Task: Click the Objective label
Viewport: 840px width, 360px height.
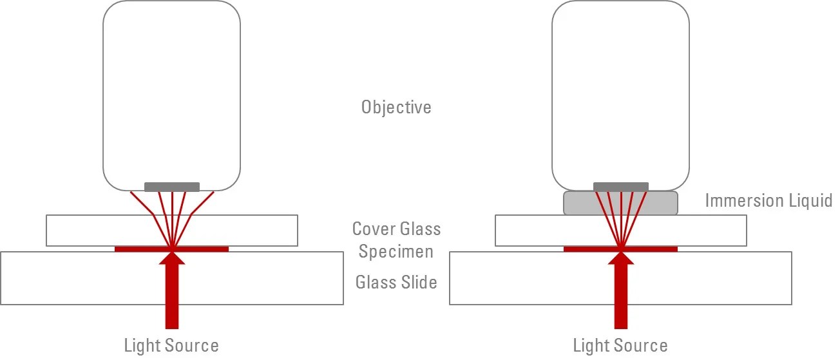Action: tap(396, 107)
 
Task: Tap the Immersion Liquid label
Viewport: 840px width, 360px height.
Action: tap(768, 200)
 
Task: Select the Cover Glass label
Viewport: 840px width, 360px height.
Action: tap(396, 229)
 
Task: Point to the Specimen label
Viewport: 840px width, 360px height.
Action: tap(396, 251)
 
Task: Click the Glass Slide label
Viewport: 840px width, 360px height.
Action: tap(396, 282)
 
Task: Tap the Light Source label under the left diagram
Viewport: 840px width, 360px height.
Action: tap(171, 345)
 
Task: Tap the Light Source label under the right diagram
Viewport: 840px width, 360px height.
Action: tap(620, 345)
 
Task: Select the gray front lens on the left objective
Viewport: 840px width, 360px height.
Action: tap(172, 187)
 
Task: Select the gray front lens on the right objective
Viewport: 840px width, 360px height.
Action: tap(620, 187)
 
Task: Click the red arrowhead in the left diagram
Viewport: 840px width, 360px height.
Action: tap(172, 258)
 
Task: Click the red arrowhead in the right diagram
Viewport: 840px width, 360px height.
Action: tap(620, 258)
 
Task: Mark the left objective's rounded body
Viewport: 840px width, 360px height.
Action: tap(172, 90)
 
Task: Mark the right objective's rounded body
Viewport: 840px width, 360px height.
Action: tap(620, 90)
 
